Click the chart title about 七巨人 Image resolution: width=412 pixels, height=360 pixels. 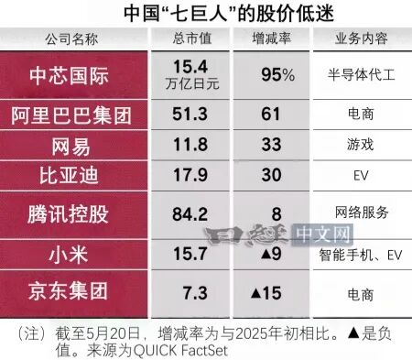coord(229,13)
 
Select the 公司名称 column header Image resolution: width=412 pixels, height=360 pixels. coord(72,39)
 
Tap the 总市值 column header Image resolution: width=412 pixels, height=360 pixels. coord(192,38)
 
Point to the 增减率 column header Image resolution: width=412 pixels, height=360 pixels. coord(271,38)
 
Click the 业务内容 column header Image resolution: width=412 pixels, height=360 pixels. coord(362,38)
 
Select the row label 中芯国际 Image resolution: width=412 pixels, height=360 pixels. coord(69,76)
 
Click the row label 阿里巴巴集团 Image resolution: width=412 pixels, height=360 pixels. coord(71,115)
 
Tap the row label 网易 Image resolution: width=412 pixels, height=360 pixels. coord(70,147)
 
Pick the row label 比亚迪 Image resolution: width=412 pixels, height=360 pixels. coord(69,176)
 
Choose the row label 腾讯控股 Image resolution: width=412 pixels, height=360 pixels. coord(68,214)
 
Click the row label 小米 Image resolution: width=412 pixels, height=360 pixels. coord(69,255)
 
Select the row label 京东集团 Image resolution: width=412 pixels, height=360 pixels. coord(68,290)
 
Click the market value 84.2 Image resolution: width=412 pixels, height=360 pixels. coord(190,214)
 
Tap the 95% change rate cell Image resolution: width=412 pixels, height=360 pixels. coord(278,74)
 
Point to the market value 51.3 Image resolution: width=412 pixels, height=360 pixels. coord(190,114)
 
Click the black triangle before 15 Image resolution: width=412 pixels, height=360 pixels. coord(255,293)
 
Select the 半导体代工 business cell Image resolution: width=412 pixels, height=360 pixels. coord(362,75)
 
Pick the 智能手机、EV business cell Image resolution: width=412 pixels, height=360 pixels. coord(361,255)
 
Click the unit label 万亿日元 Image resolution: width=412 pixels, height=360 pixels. coord(192,83)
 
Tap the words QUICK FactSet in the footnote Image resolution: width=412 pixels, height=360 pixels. coord(180,350)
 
